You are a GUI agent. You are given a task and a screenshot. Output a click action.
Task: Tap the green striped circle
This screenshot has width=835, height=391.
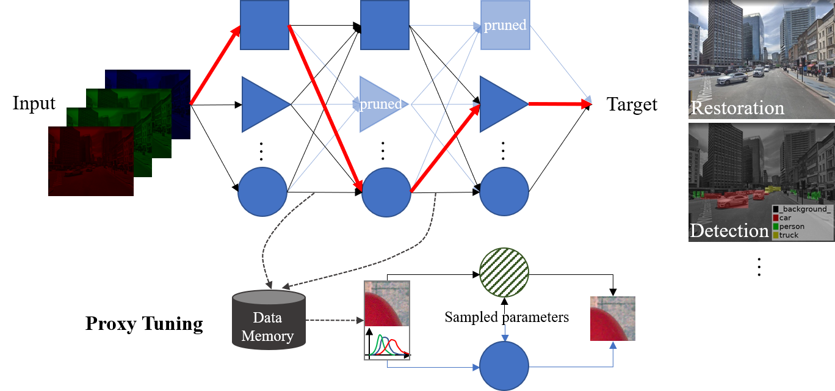[504, 272]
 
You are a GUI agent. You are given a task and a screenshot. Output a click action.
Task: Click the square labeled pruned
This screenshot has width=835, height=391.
[505, 25]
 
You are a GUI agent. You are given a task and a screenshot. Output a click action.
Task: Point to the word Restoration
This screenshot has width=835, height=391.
[737, 108]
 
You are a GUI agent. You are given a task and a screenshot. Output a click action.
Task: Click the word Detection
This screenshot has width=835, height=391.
[729, 231]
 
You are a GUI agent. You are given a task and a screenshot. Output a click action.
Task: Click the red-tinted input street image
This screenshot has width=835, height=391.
[91, 162]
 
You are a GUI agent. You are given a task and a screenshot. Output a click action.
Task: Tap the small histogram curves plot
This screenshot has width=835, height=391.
[387, 343]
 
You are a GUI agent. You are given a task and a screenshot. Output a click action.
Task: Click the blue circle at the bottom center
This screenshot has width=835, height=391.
[504, 366]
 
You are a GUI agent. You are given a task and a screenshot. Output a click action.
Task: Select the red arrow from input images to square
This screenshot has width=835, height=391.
[214, 67]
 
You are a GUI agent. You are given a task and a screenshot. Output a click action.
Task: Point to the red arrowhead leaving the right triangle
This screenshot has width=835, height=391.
[586, 104]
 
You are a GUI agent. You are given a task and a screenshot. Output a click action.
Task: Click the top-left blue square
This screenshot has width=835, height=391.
[264, 25]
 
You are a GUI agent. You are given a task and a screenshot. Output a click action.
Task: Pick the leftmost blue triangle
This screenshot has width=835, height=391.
[262, 104]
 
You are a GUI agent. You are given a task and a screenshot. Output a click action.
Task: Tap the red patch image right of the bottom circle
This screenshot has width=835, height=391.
[612, 318]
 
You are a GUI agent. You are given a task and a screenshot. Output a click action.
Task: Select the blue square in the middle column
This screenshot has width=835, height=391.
[385, 25]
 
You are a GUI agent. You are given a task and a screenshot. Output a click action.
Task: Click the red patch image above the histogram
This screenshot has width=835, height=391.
[387, 304]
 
